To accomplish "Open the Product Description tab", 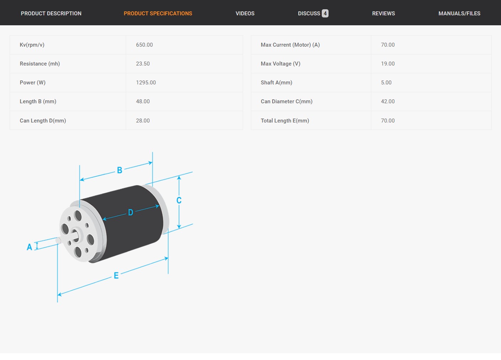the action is pos(51,14).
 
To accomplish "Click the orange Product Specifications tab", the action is pos(158,14).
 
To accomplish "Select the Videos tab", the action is pos(245,14).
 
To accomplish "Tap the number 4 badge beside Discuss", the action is pos(325,14).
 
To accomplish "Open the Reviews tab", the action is pos(383,14).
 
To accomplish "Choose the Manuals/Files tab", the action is pos(459,14).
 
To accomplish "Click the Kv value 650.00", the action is pos(144,45).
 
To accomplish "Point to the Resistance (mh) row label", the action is pos(40,64).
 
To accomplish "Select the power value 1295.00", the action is pos(146,83).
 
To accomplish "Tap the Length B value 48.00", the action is pos(143,101).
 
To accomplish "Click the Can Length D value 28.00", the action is pos(143,121).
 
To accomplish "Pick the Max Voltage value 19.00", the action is pos(388,64).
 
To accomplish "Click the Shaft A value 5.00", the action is pos(386,83).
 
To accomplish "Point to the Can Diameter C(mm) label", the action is pos(286,101).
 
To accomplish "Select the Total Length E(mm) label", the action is pos(285,121).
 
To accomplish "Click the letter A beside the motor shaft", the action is pos(29,247).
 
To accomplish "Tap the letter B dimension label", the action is pos(120,170).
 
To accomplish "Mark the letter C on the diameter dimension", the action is pos(179,200).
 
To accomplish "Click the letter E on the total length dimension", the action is pos(116,276).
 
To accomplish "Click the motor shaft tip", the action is pos(58,240).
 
